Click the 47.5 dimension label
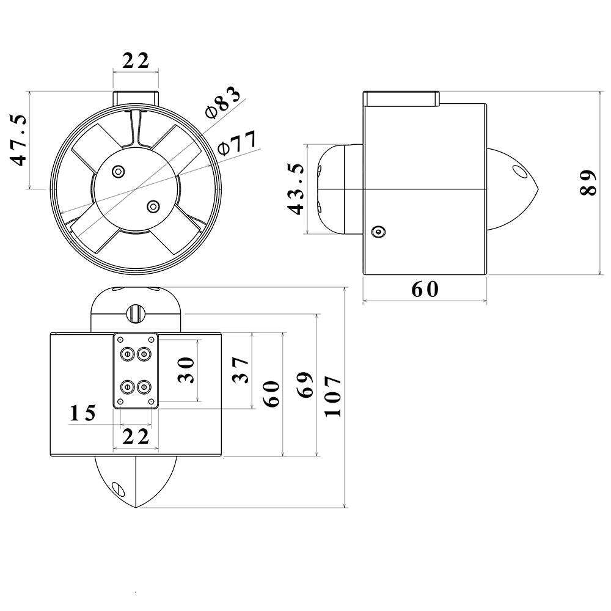(20, 139)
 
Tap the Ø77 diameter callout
(238, 144)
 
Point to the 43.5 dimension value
(296, 188)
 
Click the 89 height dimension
(588, 182)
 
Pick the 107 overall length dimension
(332, 396)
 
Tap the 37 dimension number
(241, 370)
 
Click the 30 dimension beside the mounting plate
(186, 369)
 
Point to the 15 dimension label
(83, 414)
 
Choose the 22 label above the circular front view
(136, 60)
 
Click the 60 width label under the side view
(425, 289)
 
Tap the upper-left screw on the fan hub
(119, 171)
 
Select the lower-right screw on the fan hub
(153, 206)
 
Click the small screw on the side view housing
(378, 232)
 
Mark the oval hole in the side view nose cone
(519, 170)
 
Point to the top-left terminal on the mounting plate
(128, 353)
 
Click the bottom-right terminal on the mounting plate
(144, 386)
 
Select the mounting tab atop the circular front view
(136, 97)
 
